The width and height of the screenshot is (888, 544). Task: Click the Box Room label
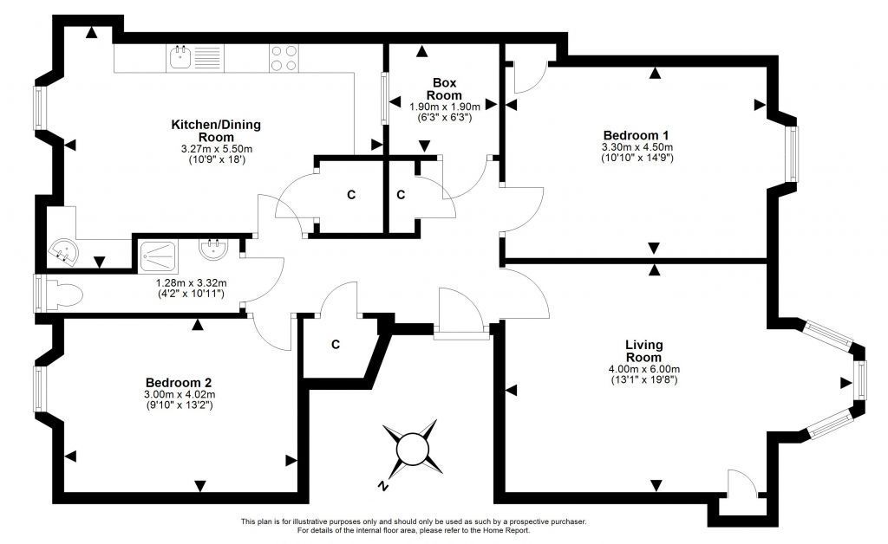[444, 89]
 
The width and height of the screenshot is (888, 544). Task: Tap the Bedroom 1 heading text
[636, 135]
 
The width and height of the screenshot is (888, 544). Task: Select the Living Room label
[644, 351]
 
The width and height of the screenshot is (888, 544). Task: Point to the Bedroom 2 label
[179, 383]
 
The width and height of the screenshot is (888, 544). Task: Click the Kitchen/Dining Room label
[216, 131]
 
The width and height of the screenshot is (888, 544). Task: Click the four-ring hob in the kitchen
[284, 58]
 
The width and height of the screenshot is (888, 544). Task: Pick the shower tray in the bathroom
[159, 258]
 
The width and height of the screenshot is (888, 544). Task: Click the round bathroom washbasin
[213, 249]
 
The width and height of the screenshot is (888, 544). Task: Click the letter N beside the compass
[383, 486]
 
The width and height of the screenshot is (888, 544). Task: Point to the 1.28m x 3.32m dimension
[192, 282]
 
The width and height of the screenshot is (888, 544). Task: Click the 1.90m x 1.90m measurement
[445, 107]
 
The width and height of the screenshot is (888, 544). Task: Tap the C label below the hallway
[336, 345]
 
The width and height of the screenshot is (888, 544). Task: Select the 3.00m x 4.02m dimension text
[180, 395]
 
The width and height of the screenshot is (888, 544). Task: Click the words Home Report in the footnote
[507, 530]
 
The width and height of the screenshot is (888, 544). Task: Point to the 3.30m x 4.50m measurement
[637, 147]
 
